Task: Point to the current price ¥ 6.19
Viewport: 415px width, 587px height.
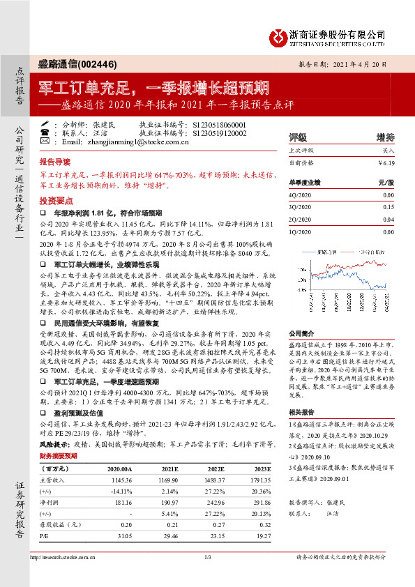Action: [x=385, y=163]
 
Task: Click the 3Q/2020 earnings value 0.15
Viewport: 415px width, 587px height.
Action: [x=388, y=207]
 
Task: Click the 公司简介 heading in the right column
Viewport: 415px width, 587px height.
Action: [x=302, y=334]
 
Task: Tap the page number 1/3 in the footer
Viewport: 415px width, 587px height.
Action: [x=207, y=558]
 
